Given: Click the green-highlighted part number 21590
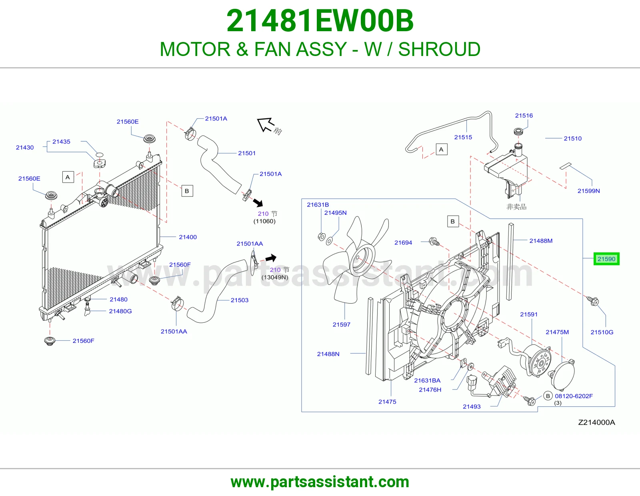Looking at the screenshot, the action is coord(606,259).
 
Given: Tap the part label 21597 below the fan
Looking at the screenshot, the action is coord(341,324).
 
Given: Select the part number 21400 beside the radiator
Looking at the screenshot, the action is coord(188,237).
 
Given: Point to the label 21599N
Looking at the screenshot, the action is coord(588,191).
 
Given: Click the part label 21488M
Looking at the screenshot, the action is coord(541,241).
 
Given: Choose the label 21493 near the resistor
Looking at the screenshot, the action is coord(472,406).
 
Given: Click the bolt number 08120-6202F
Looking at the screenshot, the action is coord(574,396).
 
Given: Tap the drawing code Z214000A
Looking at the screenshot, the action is coord(596,422).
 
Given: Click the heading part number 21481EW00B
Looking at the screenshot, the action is coord(320,21).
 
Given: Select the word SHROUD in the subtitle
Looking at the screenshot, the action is coord(439,49).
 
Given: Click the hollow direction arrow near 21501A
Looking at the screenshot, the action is coord(265,124).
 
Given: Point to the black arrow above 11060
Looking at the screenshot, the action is coord(258,202).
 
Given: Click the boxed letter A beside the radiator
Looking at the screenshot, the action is coord(68,177).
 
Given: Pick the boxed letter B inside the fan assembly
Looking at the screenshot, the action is coord(453,221).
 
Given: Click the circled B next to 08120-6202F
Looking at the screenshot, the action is coord(548,396).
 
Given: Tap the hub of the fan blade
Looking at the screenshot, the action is coord(362,260).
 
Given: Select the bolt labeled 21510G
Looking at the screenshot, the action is coord(592,301).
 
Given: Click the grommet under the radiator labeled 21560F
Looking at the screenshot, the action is coord(50,341).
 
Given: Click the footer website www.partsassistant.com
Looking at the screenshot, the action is coord(320,482).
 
